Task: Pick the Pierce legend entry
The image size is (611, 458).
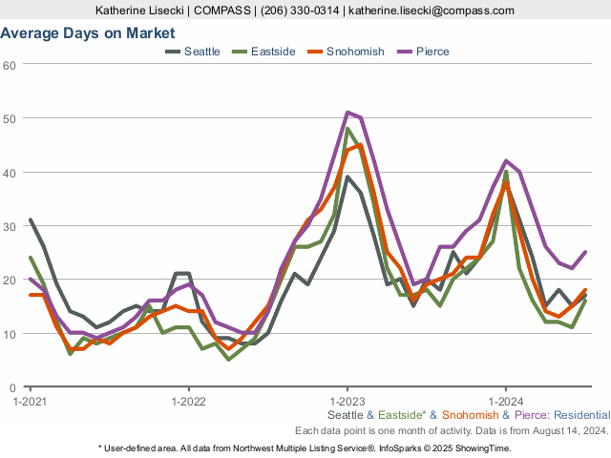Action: [432, 51]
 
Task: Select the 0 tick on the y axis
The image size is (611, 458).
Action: [13, 388]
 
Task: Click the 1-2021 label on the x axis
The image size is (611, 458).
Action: [31, 401]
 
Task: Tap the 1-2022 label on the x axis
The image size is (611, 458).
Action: [188, 401]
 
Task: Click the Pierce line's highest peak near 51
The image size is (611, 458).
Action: [348, 113]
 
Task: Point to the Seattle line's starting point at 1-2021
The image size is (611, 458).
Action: [31, 220]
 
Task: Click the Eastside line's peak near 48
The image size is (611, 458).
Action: [348, 129]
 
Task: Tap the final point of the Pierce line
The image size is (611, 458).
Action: [584, 253]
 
